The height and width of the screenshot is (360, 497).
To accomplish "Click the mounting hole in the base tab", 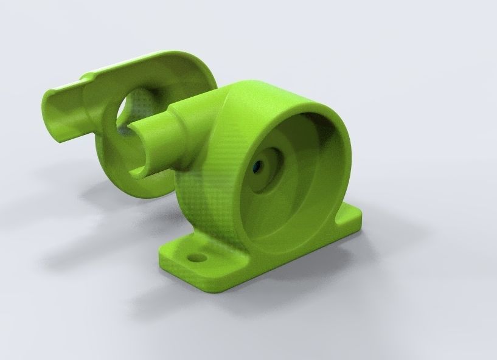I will coord(195,258).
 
